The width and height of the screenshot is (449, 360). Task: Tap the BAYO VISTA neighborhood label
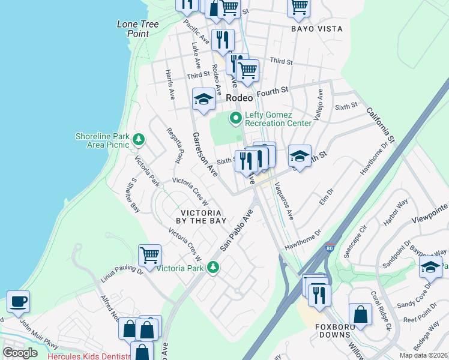point(316,29)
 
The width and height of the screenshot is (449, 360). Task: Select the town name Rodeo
point(240,97)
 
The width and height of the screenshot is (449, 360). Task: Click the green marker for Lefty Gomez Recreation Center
point(235,119)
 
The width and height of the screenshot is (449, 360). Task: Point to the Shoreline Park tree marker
point(139,140)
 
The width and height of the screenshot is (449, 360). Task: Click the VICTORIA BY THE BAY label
point(201,217)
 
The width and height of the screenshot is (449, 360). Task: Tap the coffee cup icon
point(18,302)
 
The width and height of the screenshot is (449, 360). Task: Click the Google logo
point(20,352)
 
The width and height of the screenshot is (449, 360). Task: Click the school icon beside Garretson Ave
point(203,100)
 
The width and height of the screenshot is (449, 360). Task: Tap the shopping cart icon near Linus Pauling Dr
point(149,254)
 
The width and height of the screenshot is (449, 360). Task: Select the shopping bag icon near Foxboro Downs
point(360,313)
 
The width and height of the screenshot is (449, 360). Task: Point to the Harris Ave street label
point(170,84)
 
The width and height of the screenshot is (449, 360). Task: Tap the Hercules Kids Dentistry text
point(89,356)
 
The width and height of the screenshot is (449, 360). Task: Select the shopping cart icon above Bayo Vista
point(299,7)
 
